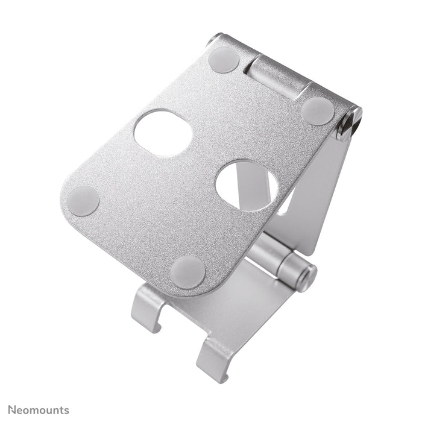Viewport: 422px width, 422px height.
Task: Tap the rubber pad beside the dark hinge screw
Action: click(x=317, y=111)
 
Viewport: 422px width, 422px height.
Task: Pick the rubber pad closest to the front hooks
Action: click(x=187, y=271)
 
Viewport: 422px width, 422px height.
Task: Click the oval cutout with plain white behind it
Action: click(x=163, y=133)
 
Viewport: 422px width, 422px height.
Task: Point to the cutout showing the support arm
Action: click(x=247, y=185)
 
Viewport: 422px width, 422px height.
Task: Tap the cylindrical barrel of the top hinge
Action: click(x=278, y=75)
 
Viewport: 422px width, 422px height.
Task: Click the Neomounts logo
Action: click(x=39, y=410)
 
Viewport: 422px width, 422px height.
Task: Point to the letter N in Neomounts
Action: click(x=12, y=410)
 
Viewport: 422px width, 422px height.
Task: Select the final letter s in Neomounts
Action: click(x=66, y=411)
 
